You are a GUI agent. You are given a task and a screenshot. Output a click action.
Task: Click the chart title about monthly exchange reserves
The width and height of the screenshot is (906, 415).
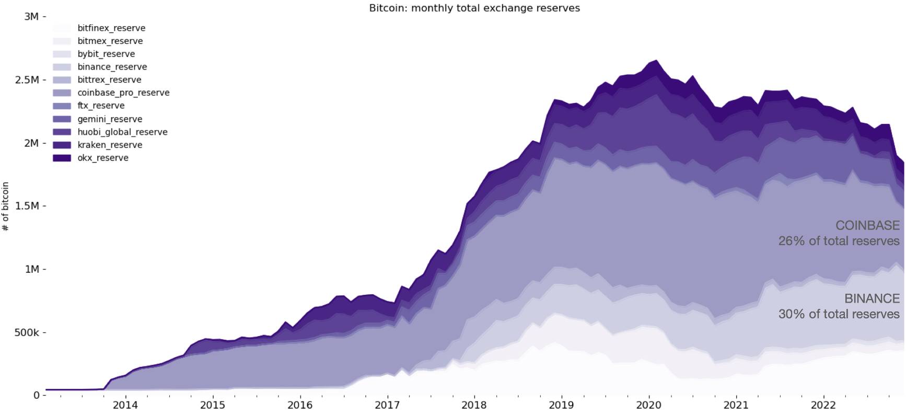[474, 8]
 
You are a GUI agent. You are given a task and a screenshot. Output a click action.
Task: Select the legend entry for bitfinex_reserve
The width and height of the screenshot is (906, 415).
[111, 28]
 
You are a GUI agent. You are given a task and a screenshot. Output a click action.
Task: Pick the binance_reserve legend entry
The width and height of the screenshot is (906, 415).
[112, 67]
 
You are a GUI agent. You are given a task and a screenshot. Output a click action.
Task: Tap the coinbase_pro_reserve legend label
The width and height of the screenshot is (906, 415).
[123, 93]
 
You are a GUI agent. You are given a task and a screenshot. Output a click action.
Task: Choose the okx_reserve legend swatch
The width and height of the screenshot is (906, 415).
[62, 158]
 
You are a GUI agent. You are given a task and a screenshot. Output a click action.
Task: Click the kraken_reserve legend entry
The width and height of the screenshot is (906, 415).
[110, 145]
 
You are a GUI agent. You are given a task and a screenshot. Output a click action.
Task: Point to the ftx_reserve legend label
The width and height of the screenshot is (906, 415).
[101, 106]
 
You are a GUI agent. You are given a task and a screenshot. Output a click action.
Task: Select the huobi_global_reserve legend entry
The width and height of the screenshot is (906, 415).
[122, 132]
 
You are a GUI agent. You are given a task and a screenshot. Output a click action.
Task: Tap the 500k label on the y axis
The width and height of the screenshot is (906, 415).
[27, 332]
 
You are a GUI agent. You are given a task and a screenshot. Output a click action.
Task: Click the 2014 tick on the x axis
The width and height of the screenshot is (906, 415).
[125, 405]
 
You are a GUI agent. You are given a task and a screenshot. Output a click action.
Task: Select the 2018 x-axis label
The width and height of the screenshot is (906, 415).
[474, 405]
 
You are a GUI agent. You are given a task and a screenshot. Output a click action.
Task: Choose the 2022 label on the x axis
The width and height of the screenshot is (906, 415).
[823, 405]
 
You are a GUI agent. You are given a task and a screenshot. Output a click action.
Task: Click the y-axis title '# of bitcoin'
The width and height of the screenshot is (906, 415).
[6, 206]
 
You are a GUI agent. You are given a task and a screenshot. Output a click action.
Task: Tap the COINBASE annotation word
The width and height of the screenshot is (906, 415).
[867, 225]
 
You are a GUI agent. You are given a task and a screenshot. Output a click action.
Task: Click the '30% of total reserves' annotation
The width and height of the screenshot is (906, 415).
[839, 314]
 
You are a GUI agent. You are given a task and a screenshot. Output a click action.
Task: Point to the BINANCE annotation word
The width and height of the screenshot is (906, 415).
[872, 298]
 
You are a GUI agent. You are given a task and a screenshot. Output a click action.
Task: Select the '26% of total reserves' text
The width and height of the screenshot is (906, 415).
[839, 241]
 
